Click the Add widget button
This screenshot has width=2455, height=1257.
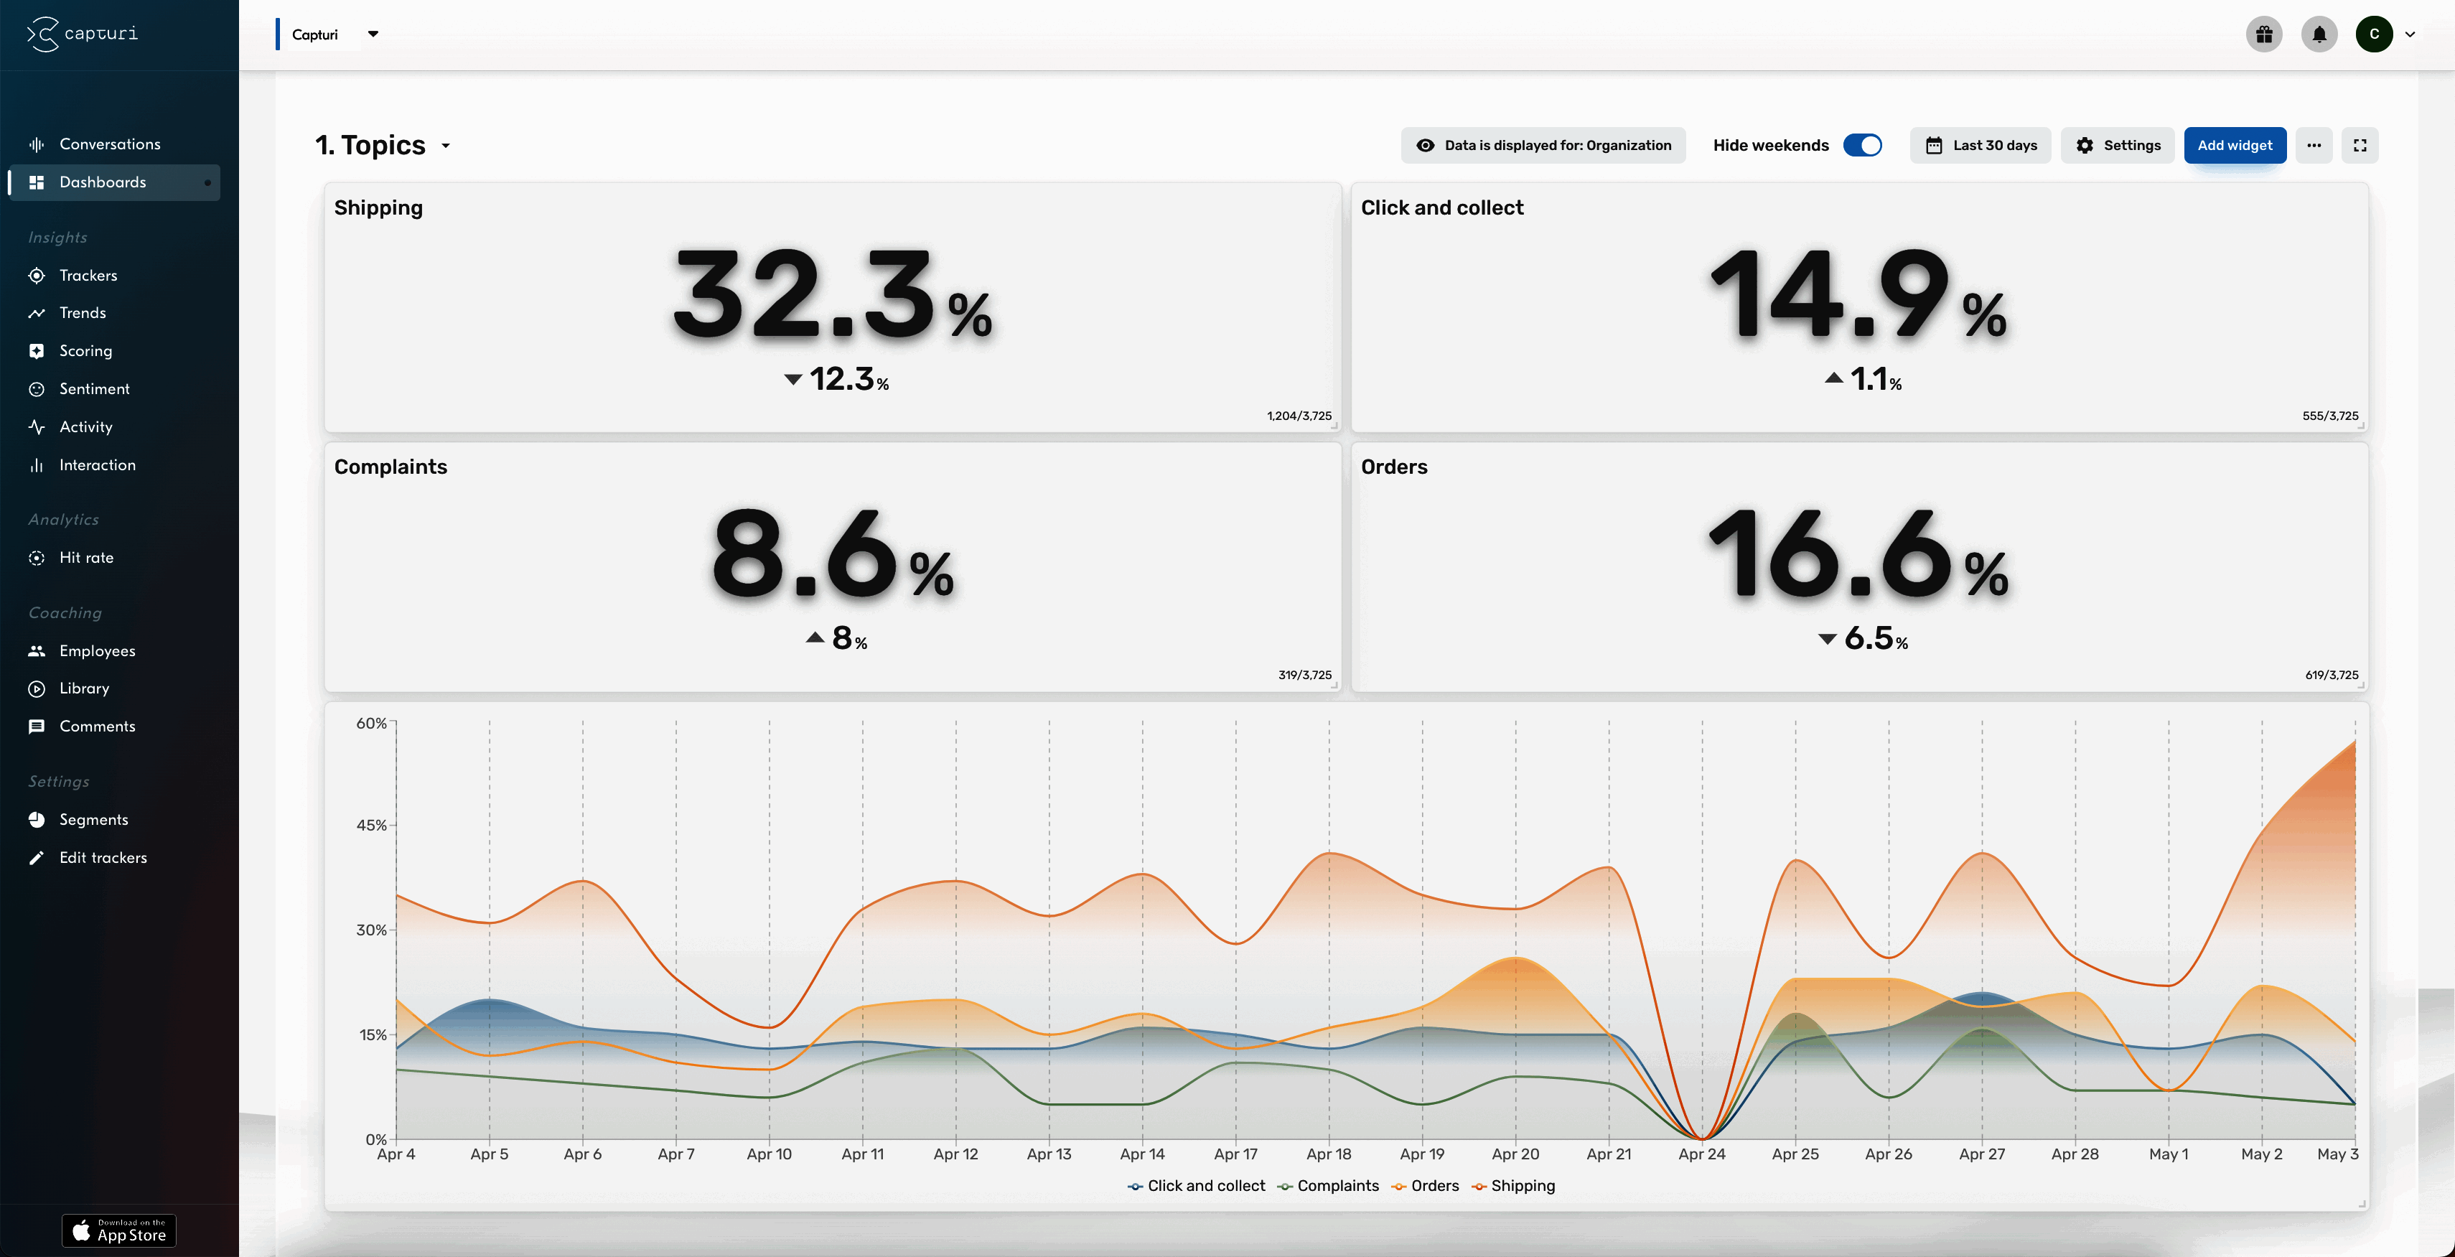click(x=2234, y=145)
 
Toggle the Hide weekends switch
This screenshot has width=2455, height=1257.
click(x=1862, y=145)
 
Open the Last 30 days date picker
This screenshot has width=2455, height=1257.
click(x=1981, y=145)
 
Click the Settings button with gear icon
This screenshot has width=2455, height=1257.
click(x=2118, y=145)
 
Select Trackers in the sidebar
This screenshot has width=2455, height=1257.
click(x=88, y=276)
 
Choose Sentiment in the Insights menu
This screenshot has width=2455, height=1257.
click(x=93, y=389)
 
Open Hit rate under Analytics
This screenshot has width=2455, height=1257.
click(x=85, y=558)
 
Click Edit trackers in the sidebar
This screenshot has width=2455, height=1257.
click(x=103, y=858)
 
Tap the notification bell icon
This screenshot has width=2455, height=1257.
click(x=2319, y=34)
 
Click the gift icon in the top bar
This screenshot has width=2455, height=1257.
click(x=2263, y=34)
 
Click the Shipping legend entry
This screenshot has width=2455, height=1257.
click(x=1521, y=1185)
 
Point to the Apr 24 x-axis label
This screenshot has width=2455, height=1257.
click(x=1701, y=1154)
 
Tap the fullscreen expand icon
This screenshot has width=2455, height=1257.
click(x=2360, y=145)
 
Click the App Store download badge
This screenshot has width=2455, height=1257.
click(x=119, y=1230)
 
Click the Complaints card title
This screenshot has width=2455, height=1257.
click(x=390, y=467)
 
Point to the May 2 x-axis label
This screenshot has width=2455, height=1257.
click(x=2260, y=1154)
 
